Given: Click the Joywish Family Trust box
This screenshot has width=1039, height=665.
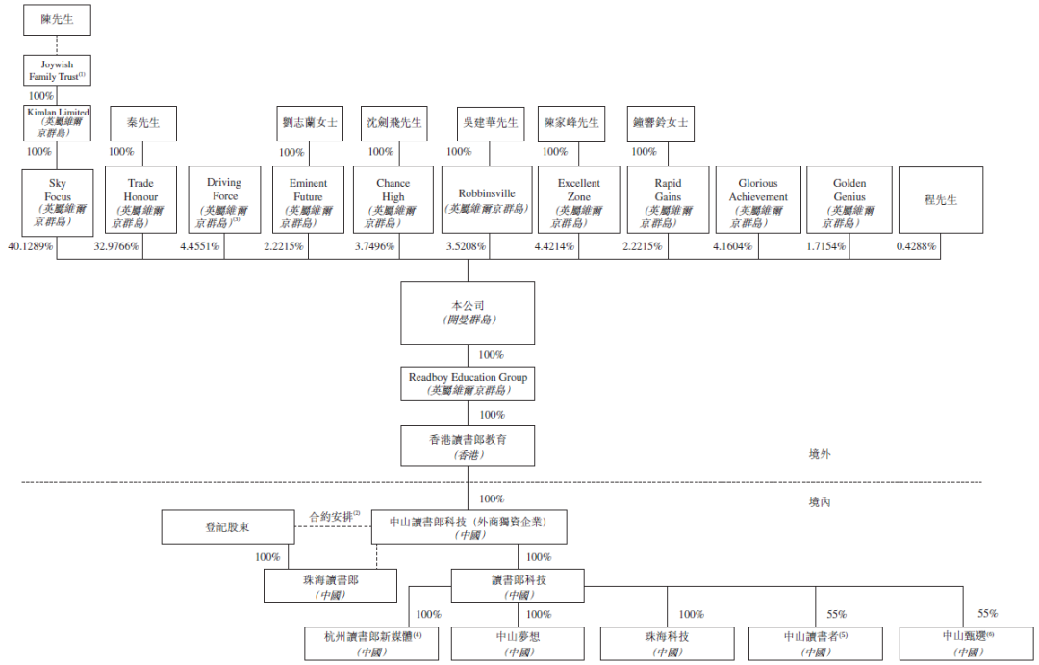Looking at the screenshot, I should [57, 70].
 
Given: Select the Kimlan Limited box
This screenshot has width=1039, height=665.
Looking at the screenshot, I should [57, 123].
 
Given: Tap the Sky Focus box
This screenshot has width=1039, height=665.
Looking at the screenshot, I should [57, 202].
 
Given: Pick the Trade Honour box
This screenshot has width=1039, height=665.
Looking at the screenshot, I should [141, 202].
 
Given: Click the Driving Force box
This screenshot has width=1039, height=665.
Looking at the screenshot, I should [223, 202].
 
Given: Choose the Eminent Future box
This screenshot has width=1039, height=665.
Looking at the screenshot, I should [308, 202].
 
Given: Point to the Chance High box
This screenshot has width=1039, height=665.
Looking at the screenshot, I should [393, 202].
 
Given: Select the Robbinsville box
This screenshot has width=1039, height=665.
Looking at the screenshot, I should [487, 200].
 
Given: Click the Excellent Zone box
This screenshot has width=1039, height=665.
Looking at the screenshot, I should [579, 202].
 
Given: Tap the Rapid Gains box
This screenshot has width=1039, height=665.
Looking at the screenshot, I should [668, 202].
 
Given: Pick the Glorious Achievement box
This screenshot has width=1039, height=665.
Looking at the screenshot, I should [757, 202].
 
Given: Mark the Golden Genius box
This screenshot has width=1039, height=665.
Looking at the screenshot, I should [849, 202].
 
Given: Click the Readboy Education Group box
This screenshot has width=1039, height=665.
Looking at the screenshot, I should [468, 384].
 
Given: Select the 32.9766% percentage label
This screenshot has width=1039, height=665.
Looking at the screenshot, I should [116, 246].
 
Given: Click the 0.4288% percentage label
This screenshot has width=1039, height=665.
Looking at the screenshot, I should [916, 246].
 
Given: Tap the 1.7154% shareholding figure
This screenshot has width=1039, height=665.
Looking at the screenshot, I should [826, 246].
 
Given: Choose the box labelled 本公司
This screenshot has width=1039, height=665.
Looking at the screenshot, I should [468, 313].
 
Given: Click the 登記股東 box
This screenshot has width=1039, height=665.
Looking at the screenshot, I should [225, 527].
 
